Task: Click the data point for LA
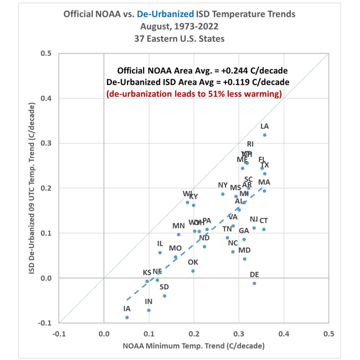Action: pyautogui.click(x=265, y=135)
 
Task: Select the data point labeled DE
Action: pyautogui.click(x=255, y=283)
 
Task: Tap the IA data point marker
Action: pyautogui.click(x=127, y=317)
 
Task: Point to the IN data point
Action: pyautogui.click(x=149, y=310)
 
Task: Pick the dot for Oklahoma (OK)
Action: pyautogui.click(x=193, y=271)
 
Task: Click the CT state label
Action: pyautogui.click(x=264, y=221)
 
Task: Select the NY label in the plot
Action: pyautogui.click(x=223, y=185)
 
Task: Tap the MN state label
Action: pyautogui.click(x=179, y=226)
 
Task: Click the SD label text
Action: pyautogui.click(x=164, y=287)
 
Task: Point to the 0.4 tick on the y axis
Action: pyautogui.click(x=46, y=98)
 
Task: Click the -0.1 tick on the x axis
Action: pyautogui.click(x=59, y=333)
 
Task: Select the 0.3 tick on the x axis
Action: pyautogui.click(x=239, y=333)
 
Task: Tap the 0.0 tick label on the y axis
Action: pyautogui.click(x=46, y=278)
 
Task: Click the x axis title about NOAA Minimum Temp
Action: pyautogui.click(x=193, y=346)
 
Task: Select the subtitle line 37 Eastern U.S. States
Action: pyautogui.click(x=179, y=38)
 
